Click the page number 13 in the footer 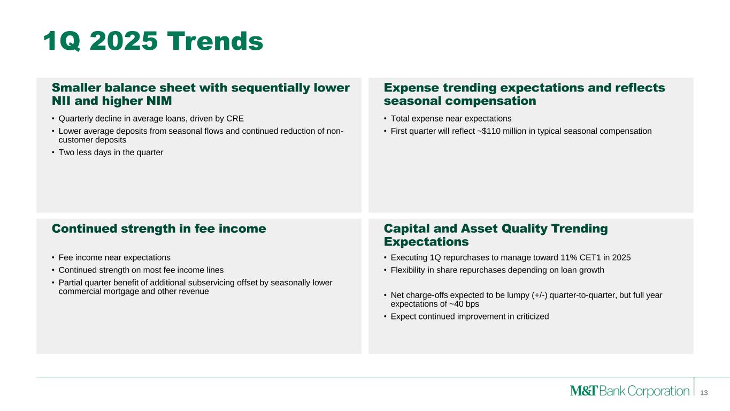click(x=704, y=393)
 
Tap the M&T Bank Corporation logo click(x=629, y=391)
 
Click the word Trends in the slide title click(x=215, y=41)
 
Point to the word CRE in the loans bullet click(x=235, y=118)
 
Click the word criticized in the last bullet click(x=533, y=316)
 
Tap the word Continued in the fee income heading click(x=84, y=229)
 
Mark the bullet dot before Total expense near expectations click(x=385, y=119)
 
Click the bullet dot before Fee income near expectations click(x=53, y=258)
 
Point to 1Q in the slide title click(x=62, y=41)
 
